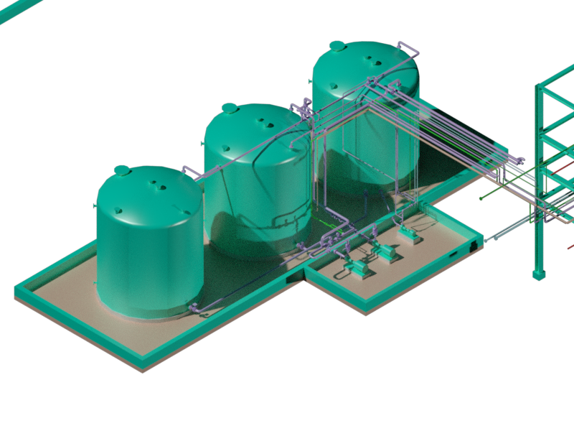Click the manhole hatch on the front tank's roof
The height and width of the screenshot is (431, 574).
[x=122, y=170]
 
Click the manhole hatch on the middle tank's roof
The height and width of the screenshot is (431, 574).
[x=230, y=108]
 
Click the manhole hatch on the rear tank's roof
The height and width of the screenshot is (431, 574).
[x=337, y=46]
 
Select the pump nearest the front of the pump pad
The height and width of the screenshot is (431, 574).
[x=359, y=268]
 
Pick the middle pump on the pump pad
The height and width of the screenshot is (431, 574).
[x=385, y=251]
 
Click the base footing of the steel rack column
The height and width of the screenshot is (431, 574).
[x=539, y=274]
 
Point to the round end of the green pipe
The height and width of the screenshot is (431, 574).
[x=481, y=197]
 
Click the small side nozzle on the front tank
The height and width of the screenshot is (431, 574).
[x=96, y=205]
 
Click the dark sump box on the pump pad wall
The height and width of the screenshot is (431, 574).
[x=473, y=246]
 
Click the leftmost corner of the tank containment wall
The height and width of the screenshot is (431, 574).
[x=16, y=292]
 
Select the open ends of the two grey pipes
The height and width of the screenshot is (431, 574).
[x=489, y=238]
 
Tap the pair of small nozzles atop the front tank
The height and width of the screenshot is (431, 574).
[x=157, y=186]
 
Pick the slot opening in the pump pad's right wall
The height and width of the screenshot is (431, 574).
[x=453, y=255]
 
